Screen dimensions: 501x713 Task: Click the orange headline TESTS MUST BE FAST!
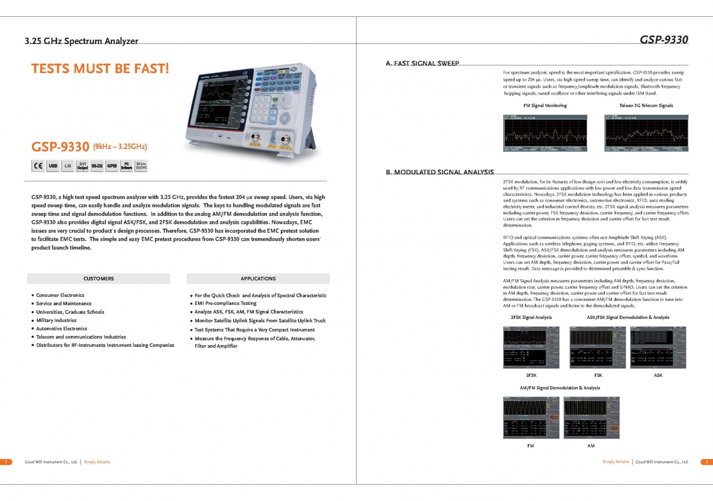100,68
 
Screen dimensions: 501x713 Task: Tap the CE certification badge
38,166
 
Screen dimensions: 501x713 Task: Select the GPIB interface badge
112,166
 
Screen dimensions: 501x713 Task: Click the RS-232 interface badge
97,166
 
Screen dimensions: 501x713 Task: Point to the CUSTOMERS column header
99,279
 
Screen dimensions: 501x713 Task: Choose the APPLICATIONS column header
258,279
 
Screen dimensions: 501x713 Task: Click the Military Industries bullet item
56,320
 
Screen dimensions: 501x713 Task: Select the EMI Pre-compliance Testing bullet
225,303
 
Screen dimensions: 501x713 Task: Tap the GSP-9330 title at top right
663,40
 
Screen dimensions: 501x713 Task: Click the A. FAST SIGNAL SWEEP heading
422,63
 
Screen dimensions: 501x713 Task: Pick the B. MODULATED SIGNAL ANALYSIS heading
440,172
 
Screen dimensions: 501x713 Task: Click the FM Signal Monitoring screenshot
545,133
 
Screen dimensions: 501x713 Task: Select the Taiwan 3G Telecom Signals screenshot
646,133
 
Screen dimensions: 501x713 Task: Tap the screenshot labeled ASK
658,348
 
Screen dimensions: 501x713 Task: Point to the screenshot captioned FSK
598,348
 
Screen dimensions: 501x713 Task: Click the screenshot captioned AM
592,417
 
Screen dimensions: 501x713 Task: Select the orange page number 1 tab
6,462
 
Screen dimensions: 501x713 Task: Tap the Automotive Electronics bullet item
61,329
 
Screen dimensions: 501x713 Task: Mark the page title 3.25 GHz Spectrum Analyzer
82,41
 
